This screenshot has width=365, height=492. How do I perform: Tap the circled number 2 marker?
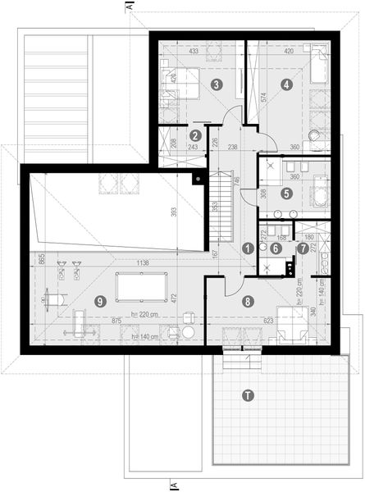point(195,135)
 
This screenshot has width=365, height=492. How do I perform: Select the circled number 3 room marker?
point(216,84)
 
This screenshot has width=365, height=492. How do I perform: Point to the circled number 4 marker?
point(285,84)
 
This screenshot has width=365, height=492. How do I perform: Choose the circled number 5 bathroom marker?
point(286,194)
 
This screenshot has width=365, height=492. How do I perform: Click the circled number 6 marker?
point(276,247)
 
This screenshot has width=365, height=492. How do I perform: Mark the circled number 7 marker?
point(303,247)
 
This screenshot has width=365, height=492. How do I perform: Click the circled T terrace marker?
point(249,396)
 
